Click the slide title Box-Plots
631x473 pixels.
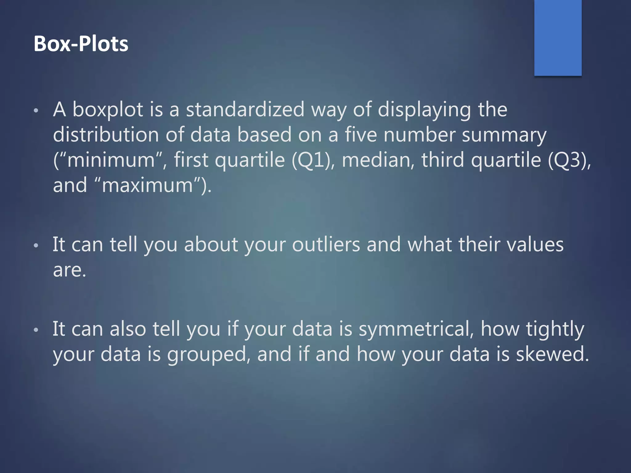click(81, 44)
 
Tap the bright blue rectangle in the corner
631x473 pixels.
click(558, 38)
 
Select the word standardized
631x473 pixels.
click(245, 110)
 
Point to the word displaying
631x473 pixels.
click(424, 110)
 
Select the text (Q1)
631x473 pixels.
click(312, 160)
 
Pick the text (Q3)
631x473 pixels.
click(569, 160)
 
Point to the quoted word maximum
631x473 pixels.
click(147, 185)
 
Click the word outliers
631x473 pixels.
click(326, 245)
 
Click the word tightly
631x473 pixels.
click(555, 329)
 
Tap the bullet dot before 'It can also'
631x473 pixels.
click(36, 330)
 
